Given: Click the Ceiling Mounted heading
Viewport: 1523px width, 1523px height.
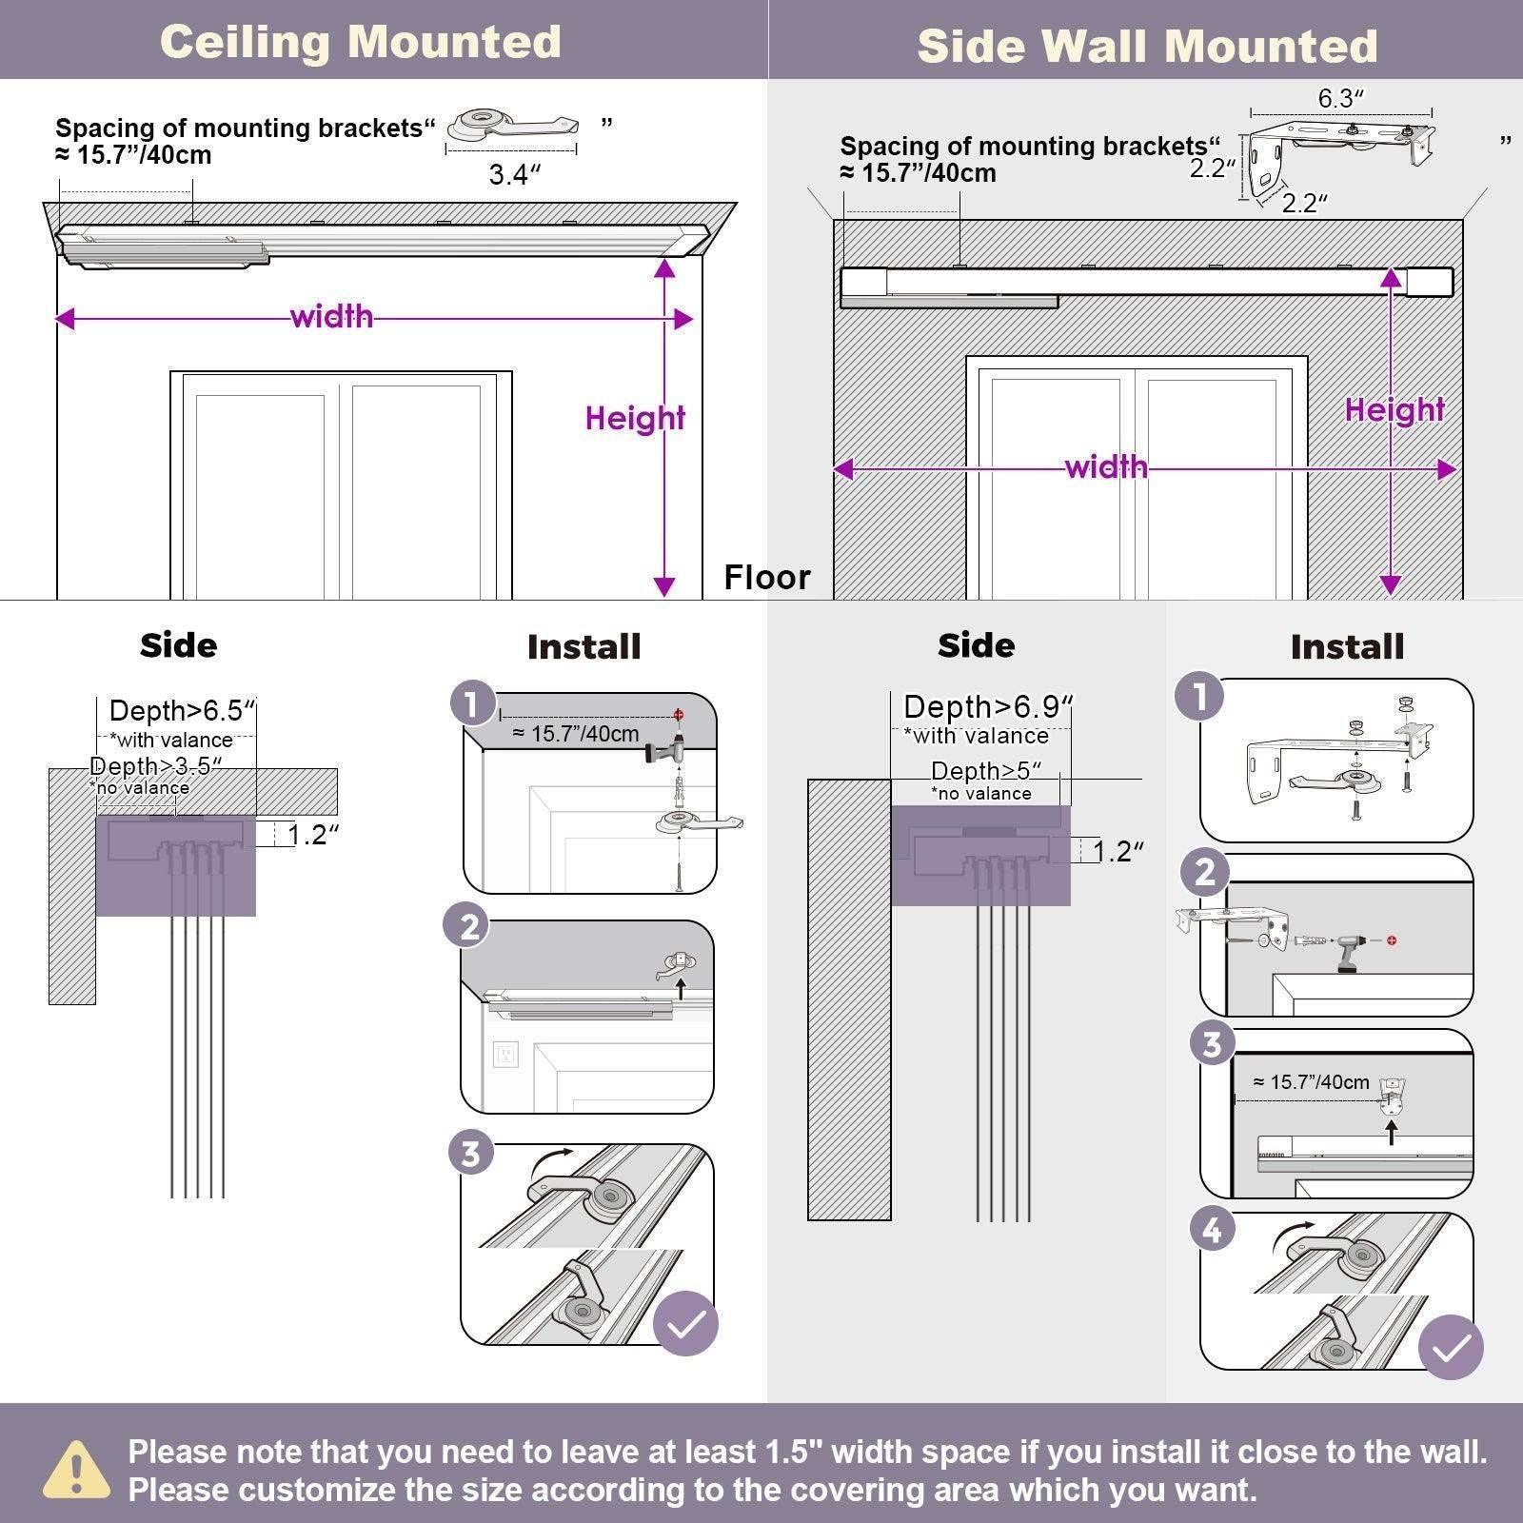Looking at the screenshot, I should pyautogui.click(x=360, y=42).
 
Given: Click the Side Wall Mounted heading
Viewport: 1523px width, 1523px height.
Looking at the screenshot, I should pyautogui.click(x=1147, y=46).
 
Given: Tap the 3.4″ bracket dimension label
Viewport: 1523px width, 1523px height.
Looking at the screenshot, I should pyautogui.click(x=514, y=175).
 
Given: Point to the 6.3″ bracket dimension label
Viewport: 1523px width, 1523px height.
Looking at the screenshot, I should pyautogui.click(x=1340, y=98).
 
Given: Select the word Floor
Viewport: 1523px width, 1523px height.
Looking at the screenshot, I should pyautogui.click(x=766, y=577).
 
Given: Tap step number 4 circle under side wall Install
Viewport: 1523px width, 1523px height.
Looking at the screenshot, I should pyautogui.click(x=1212, y=1230).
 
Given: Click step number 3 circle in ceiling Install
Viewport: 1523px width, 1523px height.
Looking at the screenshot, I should pyautogui.click(x=470, y=1154).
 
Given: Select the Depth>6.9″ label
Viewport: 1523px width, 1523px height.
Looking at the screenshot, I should pyautogui.click(x=987, y=707).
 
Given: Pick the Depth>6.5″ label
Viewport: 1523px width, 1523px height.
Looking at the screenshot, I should pyautogui.click(x=182, y=711).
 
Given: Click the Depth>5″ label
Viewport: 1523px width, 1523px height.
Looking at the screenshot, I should pyautogui.click(x=985, y=771).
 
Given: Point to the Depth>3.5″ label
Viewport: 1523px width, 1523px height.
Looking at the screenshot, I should pyautogui.click(x=155, y=766).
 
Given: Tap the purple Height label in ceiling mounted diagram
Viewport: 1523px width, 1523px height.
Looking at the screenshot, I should pyautogui.click(x=635, y=418).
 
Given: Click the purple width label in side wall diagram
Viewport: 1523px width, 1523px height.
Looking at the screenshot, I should pyautogui.click(x=1106, y=466).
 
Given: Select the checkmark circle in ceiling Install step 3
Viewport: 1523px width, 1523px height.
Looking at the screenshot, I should pyautogui.click(x=685, y=1323).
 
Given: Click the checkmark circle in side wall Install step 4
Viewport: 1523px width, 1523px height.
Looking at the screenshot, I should pyautogui.click(x=1451, y=1347).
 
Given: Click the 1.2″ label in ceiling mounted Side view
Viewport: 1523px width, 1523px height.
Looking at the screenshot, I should pyautogui.click(x=313, y=835).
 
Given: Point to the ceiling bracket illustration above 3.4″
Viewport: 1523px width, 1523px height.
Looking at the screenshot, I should pyautogui.click(x=512, y=125).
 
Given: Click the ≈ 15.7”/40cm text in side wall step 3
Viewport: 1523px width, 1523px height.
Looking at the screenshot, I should pyautogui.click(x=1311, y=1082).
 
